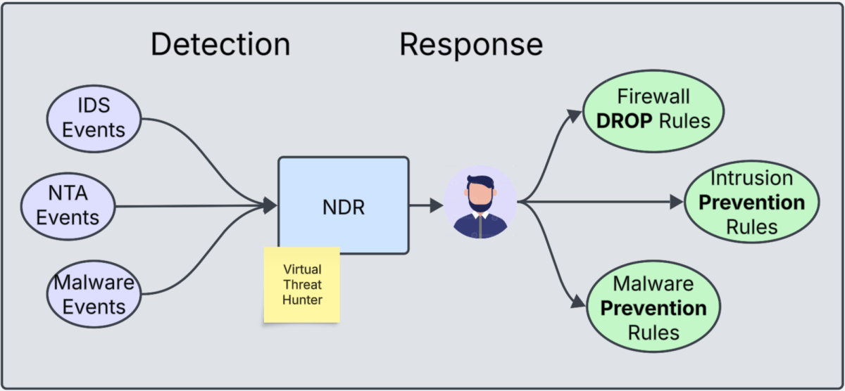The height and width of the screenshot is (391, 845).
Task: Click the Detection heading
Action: point(220,44)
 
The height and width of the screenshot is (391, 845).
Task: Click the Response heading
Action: point(471,44)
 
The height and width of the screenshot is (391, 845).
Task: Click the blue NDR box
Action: point(343,204)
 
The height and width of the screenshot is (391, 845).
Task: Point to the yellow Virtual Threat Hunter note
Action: point(302,285)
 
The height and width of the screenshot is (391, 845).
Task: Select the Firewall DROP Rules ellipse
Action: point(653,108)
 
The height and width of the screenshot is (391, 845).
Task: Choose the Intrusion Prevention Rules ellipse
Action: point(751,203)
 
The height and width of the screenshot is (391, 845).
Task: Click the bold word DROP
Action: point(625,121)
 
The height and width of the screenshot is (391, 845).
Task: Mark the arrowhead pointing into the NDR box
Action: point(270,205)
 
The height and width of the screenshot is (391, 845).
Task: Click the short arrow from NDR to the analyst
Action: point(422,205)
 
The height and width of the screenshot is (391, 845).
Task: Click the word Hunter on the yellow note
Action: point(302,301)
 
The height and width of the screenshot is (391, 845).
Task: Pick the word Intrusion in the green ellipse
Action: point(751,178)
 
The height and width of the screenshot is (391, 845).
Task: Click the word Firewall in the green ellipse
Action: point(653,96)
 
